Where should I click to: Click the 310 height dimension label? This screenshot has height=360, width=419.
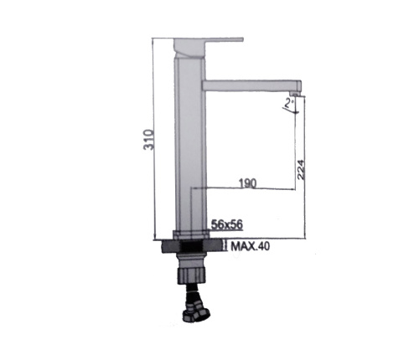(148, 140)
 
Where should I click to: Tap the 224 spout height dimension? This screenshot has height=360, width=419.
(301, 169)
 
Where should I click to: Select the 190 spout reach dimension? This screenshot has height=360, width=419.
(247, 183)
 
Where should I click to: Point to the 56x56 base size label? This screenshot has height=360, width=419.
(227, 224)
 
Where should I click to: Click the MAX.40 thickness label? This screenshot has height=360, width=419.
(251, 246)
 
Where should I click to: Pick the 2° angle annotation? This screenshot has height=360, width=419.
(289, 103)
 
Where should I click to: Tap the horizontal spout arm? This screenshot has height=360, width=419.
(251, 85)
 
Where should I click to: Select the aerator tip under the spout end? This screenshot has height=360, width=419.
(294, 94)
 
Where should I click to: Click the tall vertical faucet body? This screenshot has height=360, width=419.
(190, 144)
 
